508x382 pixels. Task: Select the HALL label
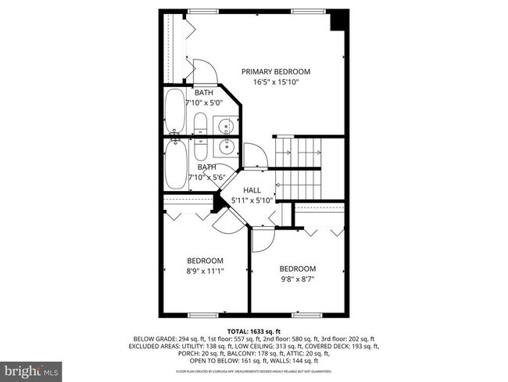(x=252, y=190)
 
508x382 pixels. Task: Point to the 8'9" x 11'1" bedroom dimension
(x=205, y=271)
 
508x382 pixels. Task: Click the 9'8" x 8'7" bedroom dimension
(x=298, y=278)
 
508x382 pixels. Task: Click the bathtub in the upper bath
(x=174, y=114)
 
